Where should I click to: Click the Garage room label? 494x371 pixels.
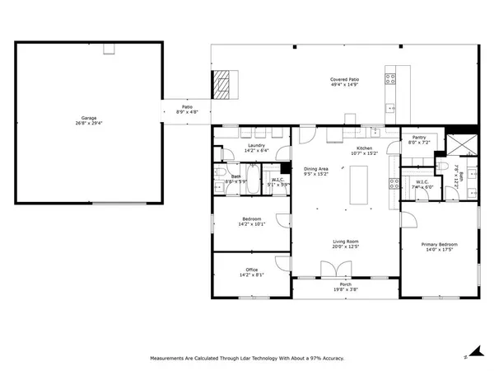pyautogui.click(x=88, y=118)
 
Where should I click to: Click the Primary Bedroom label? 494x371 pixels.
pyautogui.click(x=439, y=244)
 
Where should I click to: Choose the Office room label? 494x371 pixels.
pyautogui.click(x=252, y=270)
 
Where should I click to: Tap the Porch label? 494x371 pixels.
pyautogui.click(x=346, y=284)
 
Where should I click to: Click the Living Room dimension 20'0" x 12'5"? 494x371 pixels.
pyautogui.click(x=346, y=247)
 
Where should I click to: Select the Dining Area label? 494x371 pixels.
pyautogui.click(x=317, y=168)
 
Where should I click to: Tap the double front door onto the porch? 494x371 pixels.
pyautogui.click(x=331, y=270)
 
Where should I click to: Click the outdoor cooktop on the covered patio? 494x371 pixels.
pyautogui.click(x=390, y=80)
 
